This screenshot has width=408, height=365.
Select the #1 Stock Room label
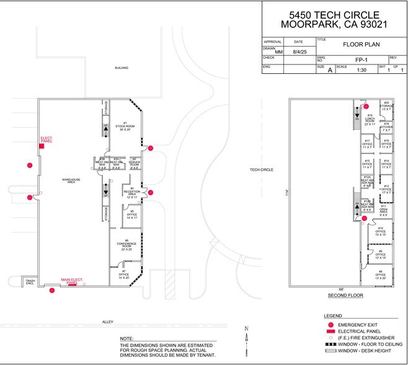tap(125, 127)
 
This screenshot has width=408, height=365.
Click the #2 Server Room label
tap(134, 164)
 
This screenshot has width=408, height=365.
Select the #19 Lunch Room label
tap(369, 120)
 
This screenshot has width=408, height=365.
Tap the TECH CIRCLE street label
tap(262, 169)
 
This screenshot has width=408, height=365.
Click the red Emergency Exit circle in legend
tap(330, 325)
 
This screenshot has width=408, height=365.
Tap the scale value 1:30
tap(361, 71)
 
